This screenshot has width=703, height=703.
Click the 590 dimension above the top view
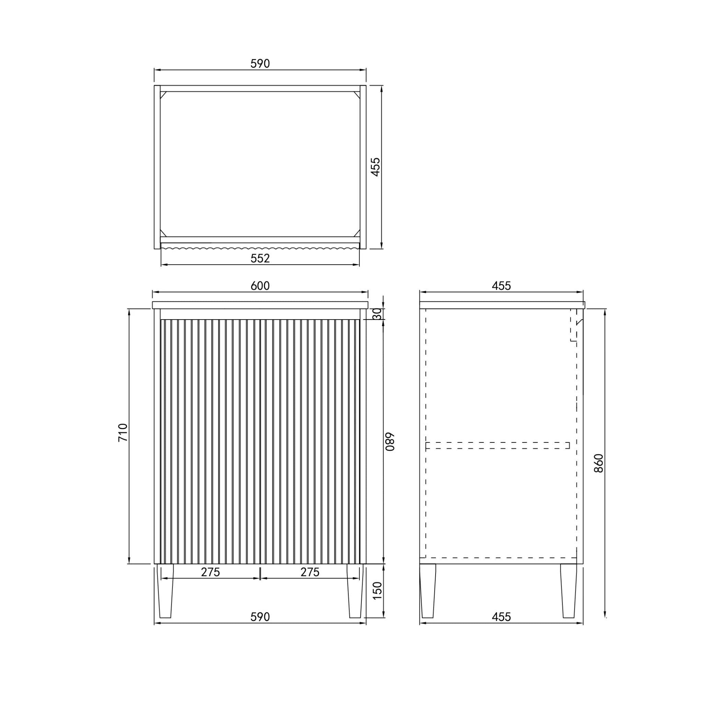point(260,64)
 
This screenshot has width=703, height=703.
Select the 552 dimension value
point(260,258)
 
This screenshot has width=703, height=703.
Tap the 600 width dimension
point(260,286)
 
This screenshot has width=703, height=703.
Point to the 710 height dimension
point(123,432)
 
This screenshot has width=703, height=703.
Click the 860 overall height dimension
point(599,463)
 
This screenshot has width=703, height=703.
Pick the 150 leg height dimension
point(377,590)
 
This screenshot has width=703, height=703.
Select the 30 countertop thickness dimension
point(377,314)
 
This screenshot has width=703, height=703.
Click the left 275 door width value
point(211,572)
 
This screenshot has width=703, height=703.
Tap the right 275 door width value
point(310,572)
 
